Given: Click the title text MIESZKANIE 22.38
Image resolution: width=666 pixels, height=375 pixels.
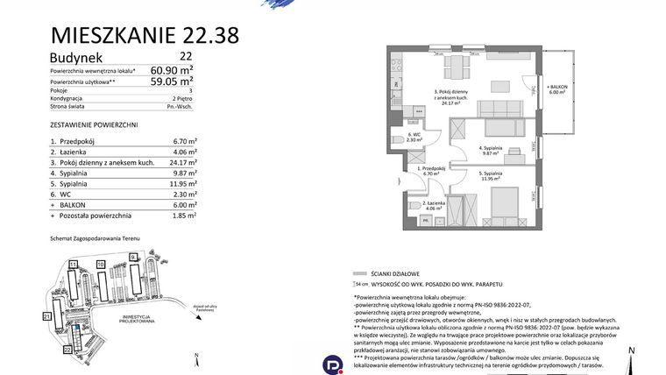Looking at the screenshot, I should coord(145,35).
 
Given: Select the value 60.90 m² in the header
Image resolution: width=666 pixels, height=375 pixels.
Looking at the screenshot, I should coord(173,70).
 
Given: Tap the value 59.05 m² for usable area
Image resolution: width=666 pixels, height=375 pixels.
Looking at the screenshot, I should coord(173,83).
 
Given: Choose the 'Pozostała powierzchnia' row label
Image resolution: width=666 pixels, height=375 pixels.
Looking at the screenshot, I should coord(95,216).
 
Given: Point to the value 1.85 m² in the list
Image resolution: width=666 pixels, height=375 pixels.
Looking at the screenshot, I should coord(184,216).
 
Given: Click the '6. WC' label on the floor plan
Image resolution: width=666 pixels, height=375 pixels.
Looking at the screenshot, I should coord(414,134).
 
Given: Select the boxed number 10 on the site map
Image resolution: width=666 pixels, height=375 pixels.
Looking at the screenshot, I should coord(101,263).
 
